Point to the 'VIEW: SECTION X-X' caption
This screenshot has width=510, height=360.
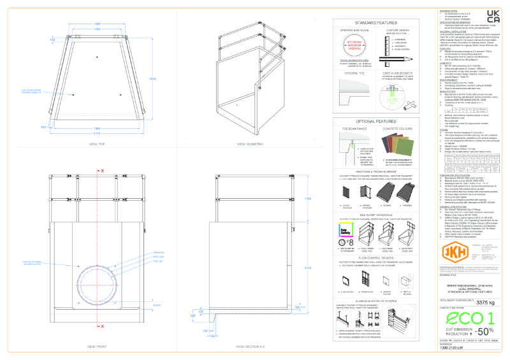tap(251, 347)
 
